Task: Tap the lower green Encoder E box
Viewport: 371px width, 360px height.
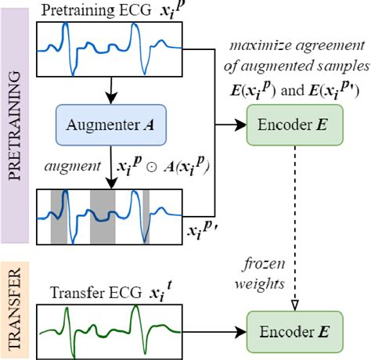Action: click(293, 331)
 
